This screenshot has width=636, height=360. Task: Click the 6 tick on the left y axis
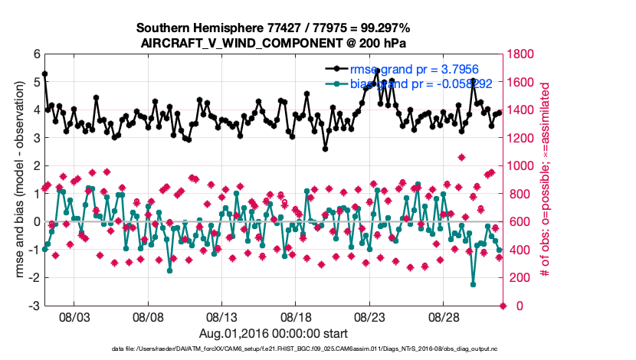tap(36, 54)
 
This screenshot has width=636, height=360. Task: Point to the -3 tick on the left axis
tap(34, 306)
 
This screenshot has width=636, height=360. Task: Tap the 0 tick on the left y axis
tap(36, 222)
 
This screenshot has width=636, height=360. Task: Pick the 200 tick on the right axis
tap(520, 278)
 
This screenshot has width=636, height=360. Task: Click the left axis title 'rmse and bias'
tap(15, 180)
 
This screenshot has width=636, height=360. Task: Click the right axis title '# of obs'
tap(547, 180)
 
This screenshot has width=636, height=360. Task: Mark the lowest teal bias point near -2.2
tap(473, 284)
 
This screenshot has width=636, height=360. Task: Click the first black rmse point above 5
tap(45, 74)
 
